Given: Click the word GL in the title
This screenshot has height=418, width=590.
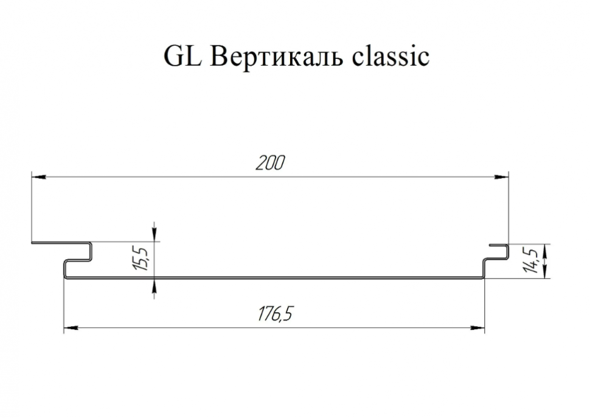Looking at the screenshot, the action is pyautogui.click(x=183, y=57).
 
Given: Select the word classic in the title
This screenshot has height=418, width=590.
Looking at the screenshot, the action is pyautogui.click(x=390, y=57).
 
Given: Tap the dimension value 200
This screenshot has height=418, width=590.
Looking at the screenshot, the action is pyautogui.click(x=271, y=162).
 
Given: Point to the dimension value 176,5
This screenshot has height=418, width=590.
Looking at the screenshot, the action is pyautogui.click(x=275, y=314).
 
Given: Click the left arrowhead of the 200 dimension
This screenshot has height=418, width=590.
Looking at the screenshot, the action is pyautogui.click(x=39, y=176).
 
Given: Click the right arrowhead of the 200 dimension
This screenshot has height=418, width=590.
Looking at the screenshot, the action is pyautogui.click(x=501, y=176).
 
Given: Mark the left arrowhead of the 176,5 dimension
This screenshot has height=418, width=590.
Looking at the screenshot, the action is pyautogui.click(x=71, y=328).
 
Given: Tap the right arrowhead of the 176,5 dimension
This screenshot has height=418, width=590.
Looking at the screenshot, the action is pyautogui.click(x=477, y=328).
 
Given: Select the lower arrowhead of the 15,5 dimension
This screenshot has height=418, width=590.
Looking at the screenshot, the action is pyautogui.click(x=154, y=286).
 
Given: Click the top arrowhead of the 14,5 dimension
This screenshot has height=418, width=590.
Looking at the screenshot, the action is pyautogui.click(x=546, y=251).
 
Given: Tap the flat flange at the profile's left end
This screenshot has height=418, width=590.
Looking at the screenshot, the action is pyautogui.click(x=60, y=243).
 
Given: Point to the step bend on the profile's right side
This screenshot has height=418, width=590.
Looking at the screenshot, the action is pyautogui.click(x=484, y=268).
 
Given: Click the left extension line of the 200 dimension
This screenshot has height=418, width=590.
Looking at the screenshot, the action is pyautogui.click(x=32, y=207).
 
